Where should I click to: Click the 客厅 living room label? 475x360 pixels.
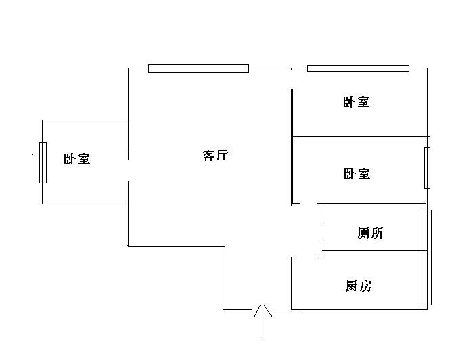click(215, 156)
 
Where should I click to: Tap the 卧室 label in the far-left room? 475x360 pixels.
click(77, 159)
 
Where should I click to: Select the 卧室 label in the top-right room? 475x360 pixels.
click(357, 103)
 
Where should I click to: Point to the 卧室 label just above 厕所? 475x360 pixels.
click(357, 174)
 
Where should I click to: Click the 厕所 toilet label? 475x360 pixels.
click(370, 233)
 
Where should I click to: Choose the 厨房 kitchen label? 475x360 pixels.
click(358, 286)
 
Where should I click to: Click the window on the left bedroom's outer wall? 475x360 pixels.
click(43, 162)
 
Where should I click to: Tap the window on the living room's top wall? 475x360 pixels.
click(198, 68)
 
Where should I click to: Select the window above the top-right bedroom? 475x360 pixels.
click(358, 68)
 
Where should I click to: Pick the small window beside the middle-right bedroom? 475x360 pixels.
click(427, 167)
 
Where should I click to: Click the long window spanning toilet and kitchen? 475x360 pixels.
click(426, 257)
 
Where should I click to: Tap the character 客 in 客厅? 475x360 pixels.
click(208, 156)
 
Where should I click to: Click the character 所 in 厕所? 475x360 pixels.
click(377, 233)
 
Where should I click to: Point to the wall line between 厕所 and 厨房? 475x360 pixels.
click(374, 250)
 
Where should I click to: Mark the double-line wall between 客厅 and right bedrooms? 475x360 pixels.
click(292, 145)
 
